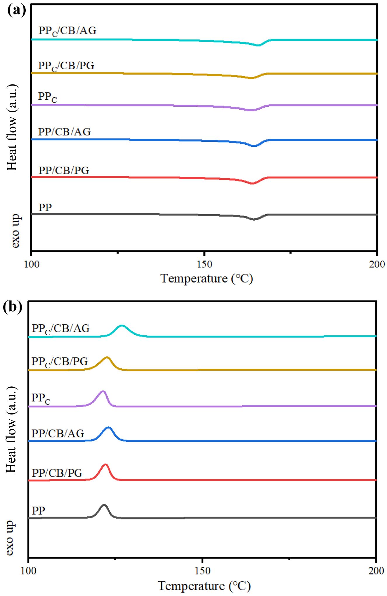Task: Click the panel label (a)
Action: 16,10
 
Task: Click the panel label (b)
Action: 13,307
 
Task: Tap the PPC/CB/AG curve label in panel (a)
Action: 67,31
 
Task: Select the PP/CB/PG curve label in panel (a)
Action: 64,170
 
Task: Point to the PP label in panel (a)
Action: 45,208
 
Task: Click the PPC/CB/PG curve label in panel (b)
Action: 60,362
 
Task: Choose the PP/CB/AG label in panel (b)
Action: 58,433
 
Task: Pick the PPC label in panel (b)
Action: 41,398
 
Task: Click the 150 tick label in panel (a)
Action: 204,264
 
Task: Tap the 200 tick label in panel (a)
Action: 377,264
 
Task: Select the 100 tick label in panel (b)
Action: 28,571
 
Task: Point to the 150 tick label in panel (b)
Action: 202,571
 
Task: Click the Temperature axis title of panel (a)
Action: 206,279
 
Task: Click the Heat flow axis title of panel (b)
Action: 11,430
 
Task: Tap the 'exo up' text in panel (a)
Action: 15,231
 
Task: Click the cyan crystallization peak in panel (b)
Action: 122,326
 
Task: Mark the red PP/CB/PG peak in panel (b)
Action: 105,464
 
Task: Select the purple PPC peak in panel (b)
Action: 103,391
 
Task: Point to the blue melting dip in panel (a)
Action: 254,145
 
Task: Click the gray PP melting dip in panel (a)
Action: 254,219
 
